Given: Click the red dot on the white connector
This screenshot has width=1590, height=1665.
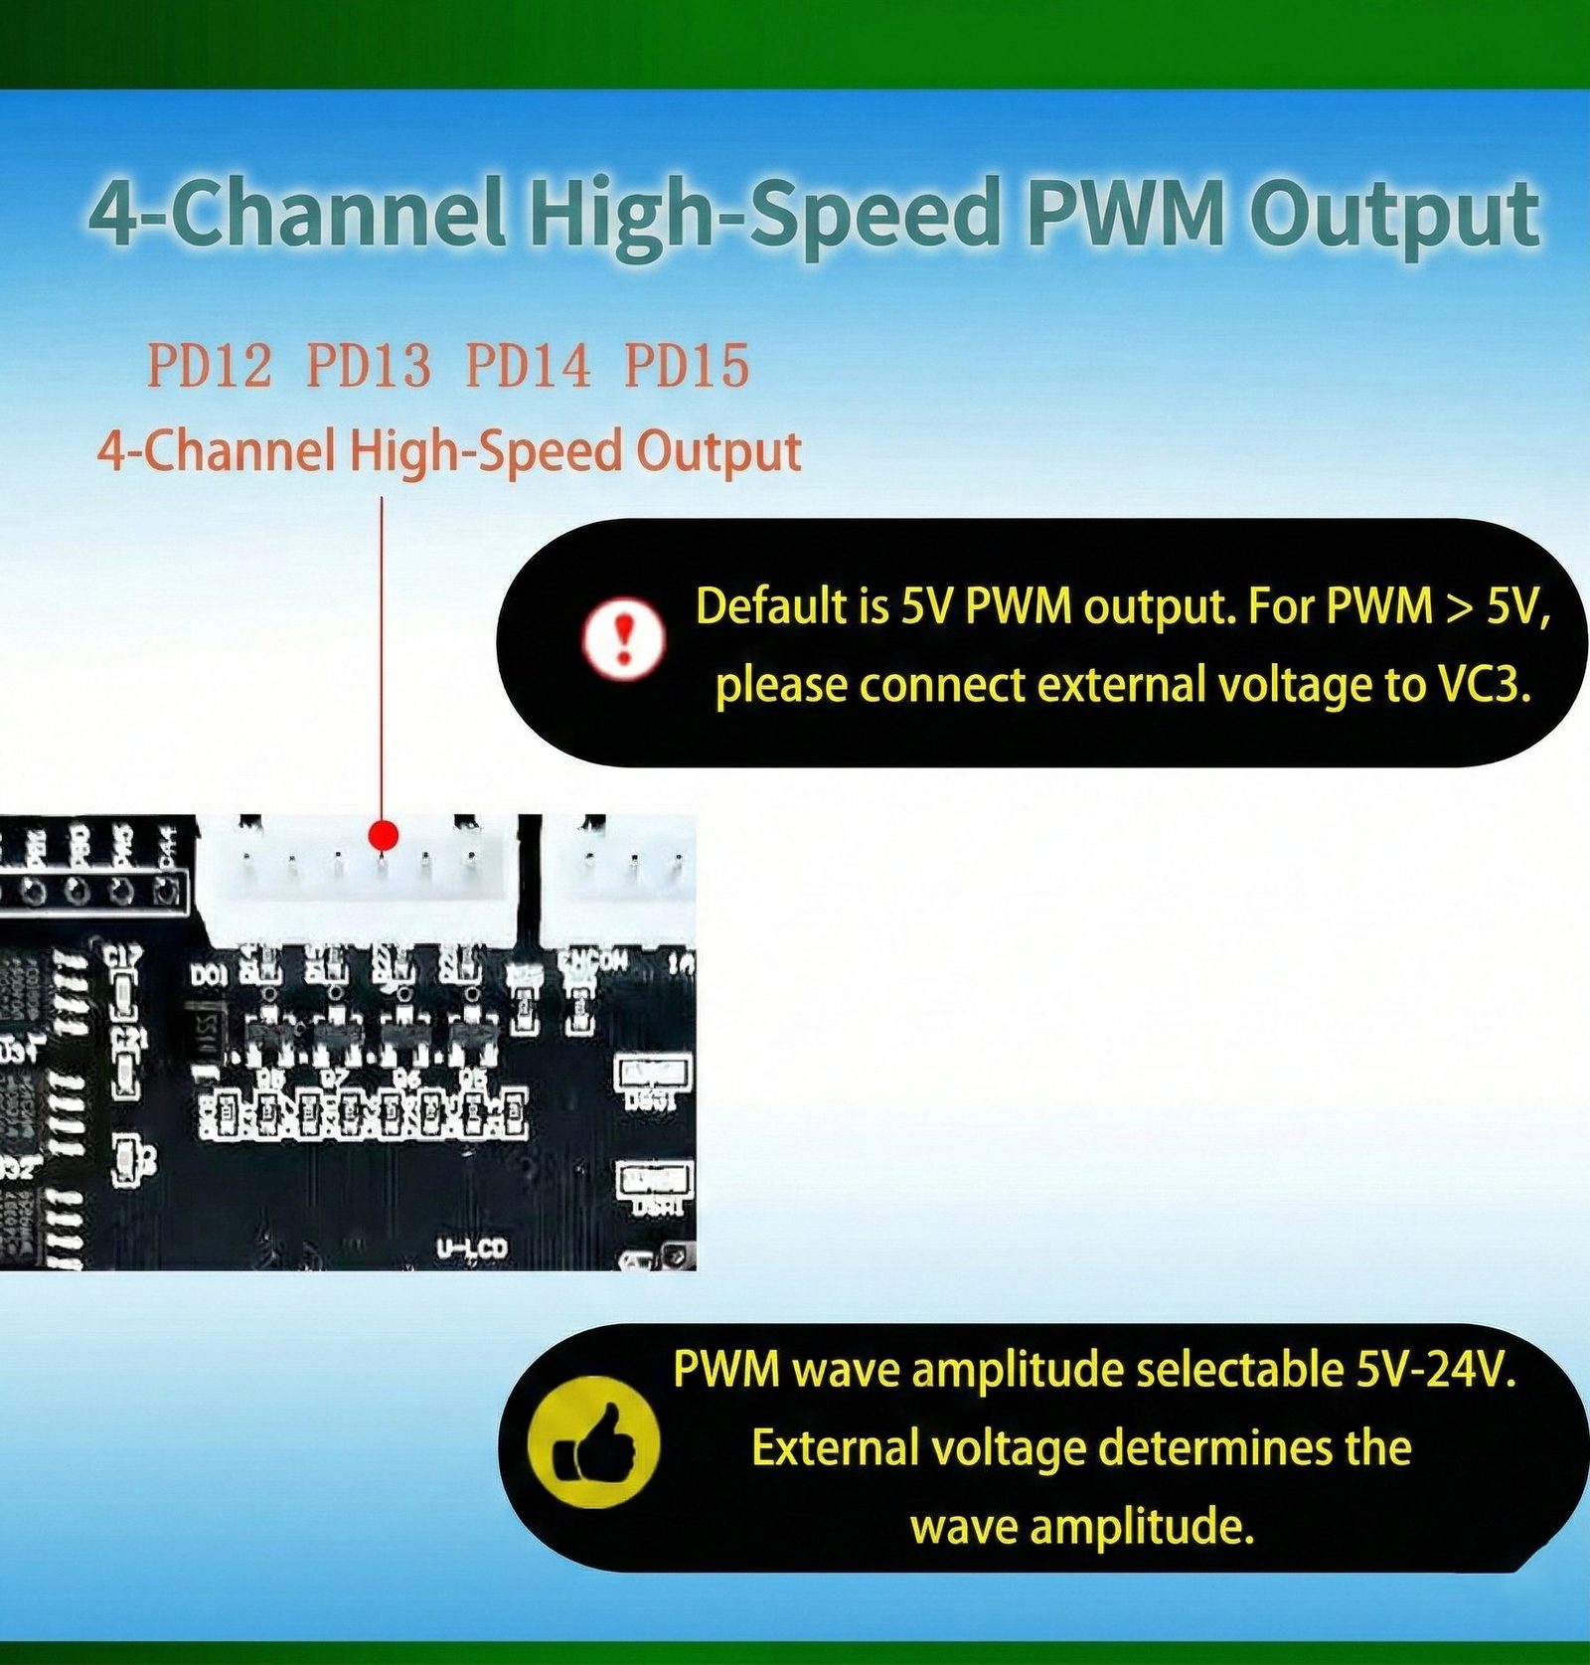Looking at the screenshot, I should point(383,835).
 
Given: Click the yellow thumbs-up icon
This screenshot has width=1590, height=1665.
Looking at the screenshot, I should point(593,1441).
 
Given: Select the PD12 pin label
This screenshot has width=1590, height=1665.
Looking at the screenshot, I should point(209,366).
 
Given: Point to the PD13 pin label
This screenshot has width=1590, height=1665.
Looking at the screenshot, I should point(368,366).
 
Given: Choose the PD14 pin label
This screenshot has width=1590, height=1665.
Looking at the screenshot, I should point(528,366).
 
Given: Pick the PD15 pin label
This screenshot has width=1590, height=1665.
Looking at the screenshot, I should point(686,366).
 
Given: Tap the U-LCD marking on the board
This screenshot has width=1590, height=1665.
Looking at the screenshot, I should point(472,1248).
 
